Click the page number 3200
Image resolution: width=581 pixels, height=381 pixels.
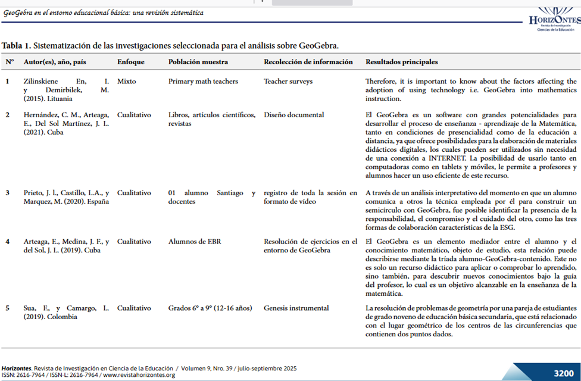click(x=563, y=373)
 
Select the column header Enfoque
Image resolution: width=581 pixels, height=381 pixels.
click(x=130, y=62)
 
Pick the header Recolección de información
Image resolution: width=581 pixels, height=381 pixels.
click(x=308, y=62)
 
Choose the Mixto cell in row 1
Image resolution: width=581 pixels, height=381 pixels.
click(x=127, y=81)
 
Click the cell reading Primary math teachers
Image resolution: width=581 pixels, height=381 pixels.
click(x=203, y=81)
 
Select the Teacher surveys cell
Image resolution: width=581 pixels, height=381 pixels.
click(x=288, y=81)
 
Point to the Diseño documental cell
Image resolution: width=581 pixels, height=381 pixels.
click(x=293, y=115)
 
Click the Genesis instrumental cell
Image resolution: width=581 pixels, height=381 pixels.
click(x=296, y=308)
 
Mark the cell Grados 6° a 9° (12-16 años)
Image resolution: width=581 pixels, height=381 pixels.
click(x=210, y=308)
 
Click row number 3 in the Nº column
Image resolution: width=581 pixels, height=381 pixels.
click(x=8, y=193)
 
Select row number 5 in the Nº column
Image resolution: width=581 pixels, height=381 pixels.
click(x=8, y=308)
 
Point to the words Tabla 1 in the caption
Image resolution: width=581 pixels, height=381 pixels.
click(x=16, y=45)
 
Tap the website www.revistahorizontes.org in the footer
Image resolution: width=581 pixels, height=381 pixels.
click(x=139, y=375)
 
